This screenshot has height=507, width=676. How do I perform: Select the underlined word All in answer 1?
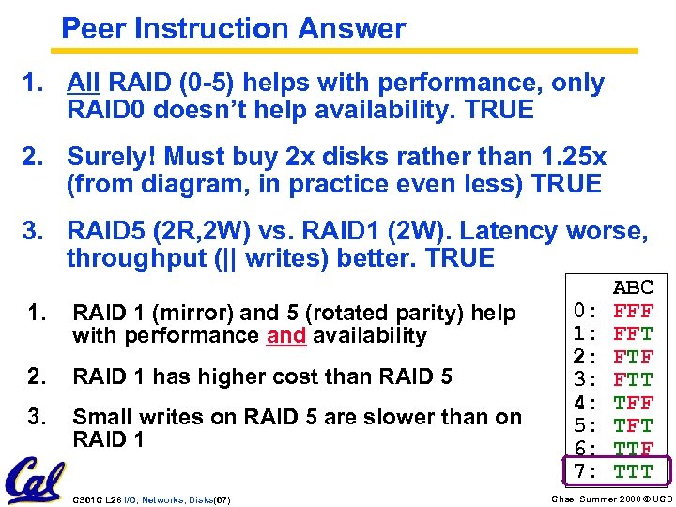coord(84,84)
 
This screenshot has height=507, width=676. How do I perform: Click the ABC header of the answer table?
coord(633,287)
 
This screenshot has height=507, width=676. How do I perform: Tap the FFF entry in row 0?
coord(633,311)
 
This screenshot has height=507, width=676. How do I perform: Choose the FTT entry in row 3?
coord(633,380)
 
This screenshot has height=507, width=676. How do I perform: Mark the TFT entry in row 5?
coord(633,426)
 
